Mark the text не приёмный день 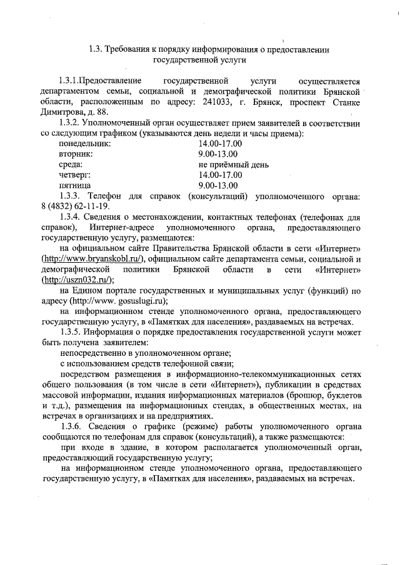(x=233, y=165)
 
